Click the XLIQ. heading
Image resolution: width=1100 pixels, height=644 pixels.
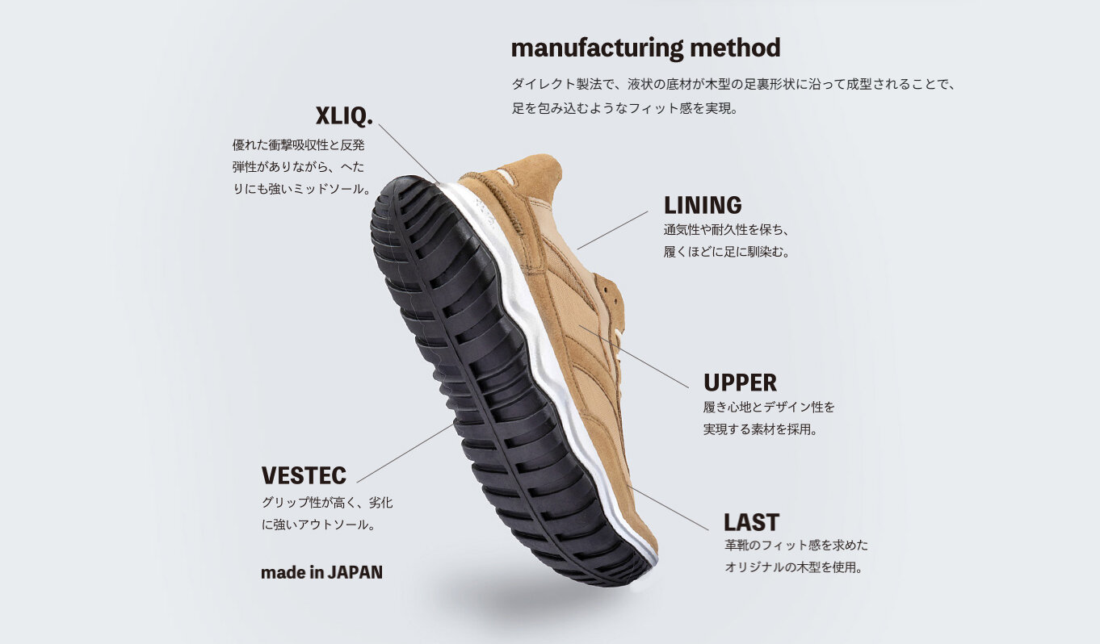pos(344,116)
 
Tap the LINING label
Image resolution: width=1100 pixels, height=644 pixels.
pos(703,205)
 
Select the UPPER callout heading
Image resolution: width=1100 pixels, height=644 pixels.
pos(740,383)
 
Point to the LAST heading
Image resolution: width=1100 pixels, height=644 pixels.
pos(751,522)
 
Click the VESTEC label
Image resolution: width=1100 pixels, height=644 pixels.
pos(304,475)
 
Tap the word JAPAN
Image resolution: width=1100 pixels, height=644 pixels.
pos(355,572)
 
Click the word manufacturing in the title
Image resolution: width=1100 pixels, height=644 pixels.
pos(597,48)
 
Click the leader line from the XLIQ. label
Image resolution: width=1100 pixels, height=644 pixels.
pos(409,153)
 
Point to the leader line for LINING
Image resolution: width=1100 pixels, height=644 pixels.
pos(612,230)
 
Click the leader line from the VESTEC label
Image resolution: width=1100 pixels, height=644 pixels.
pos(405,453)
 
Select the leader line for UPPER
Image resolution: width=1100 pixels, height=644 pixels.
pos(633,357)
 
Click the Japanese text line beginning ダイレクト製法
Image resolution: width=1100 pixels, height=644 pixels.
pos(733,84)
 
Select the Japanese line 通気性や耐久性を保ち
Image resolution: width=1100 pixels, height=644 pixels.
pos(726,229)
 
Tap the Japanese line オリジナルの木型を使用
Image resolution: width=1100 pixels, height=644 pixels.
pos(794,567)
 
